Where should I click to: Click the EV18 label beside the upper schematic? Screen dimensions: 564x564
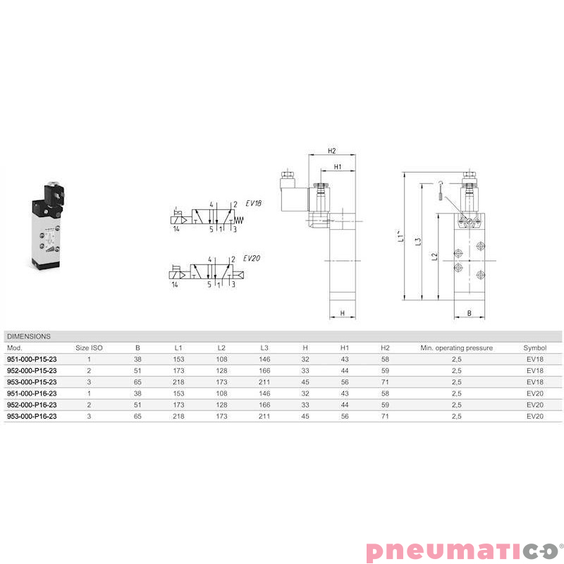click(253, 204)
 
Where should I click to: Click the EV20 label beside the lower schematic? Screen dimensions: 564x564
click(252, 258)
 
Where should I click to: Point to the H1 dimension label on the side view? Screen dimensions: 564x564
click(338, 167)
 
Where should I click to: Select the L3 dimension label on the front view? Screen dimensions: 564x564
click(418, 242)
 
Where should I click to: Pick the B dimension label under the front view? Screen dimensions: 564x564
click(468, 313)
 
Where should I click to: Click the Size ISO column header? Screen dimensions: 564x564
click(90, 348)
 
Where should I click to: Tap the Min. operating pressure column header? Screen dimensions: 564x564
click(456, 348)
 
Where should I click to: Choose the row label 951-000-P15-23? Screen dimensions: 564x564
click(32, 359)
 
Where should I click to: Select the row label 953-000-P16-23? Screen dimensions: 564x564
click(32, 416)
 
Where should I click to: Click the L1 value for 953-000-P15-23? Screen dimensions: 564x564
click(178, 381)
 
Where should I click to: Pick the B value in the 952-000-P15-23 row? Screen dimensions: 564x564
click(137, 370)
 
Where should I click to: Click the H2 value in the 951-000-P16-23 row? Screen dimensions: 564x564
click(385, 393)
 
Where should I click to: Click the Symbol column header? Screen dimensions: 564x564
click(535, 348)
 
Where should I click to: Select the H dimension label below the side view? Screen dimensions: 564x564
click(341, 313)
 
